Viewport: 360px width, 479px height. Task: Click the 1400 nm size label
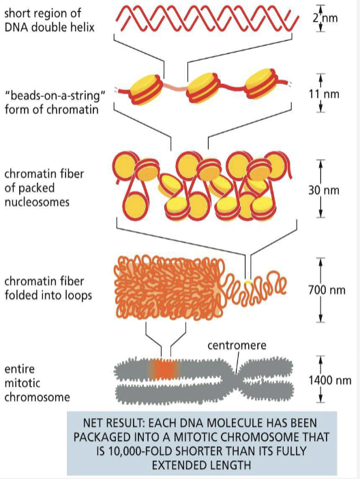[329, 379]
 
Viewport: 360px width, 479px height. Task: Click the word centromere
[235, 346]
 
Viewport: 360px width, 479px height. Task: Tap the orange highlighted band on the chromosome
[165, 370]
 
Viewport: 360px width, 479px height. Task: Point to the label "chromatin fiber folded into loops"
[46, 287]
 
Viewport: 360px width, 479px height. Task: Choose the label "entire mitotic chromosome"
[31, 382]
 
